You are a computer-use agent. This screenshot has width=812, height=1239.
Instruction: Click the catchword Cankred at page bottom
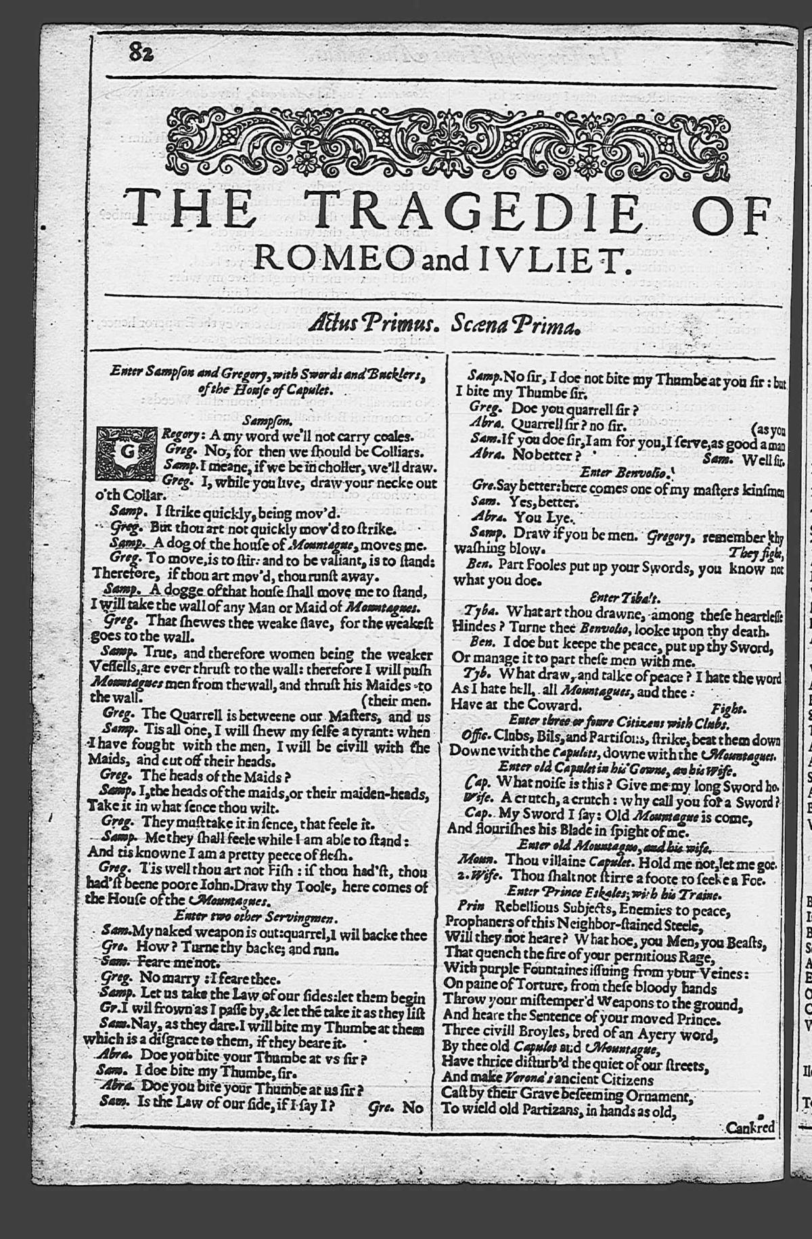749,1128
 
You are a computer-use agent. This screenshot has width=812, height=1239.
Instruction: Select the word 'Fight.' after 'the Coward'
729,708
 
